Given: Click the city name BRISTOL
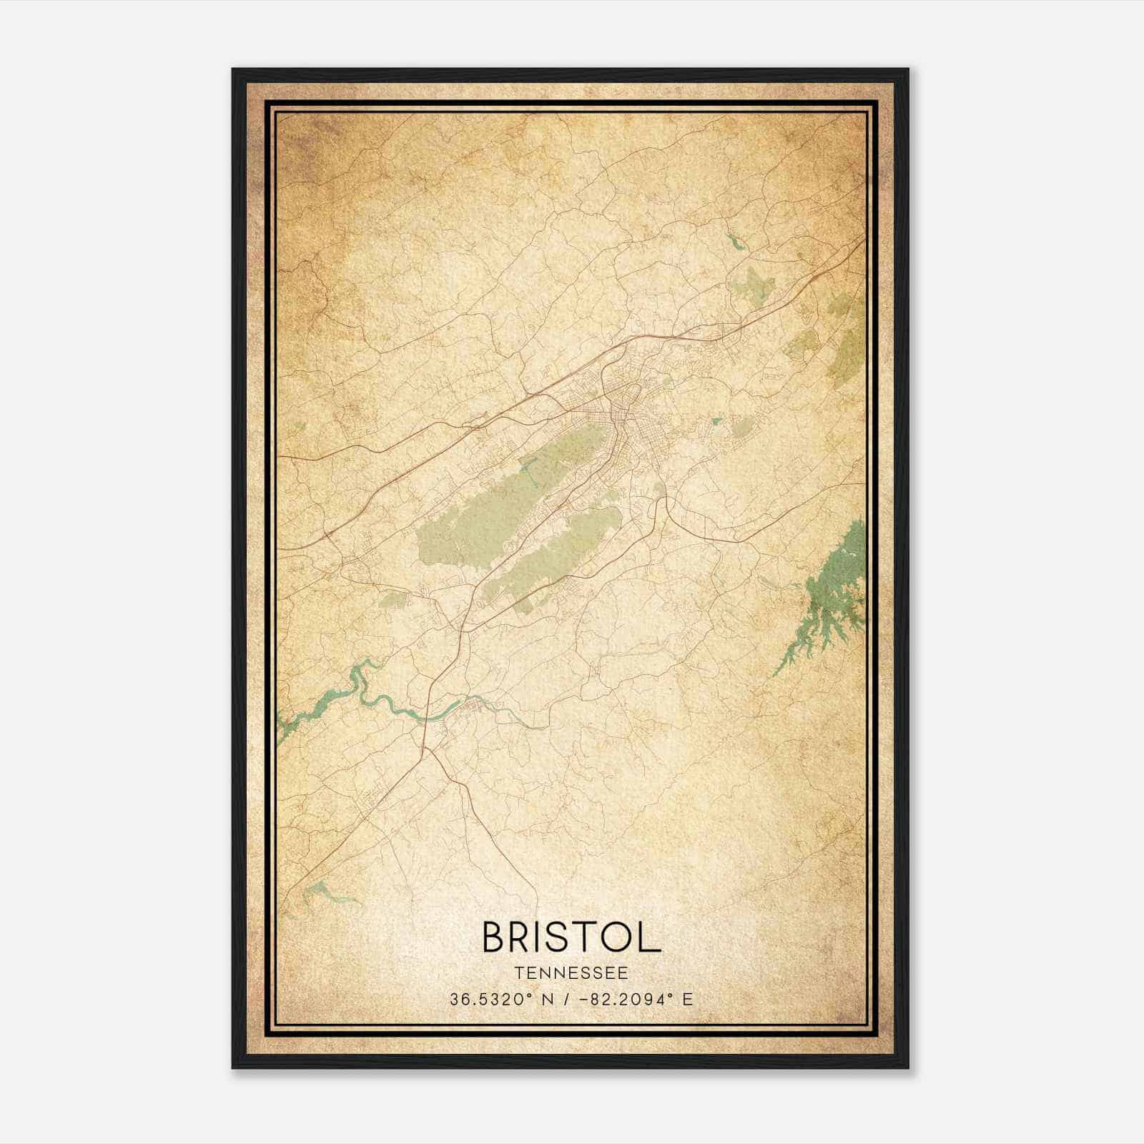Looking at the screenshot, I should pos(571,937).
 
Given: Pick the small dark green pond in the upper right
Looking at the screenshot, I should pos(734,241).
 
